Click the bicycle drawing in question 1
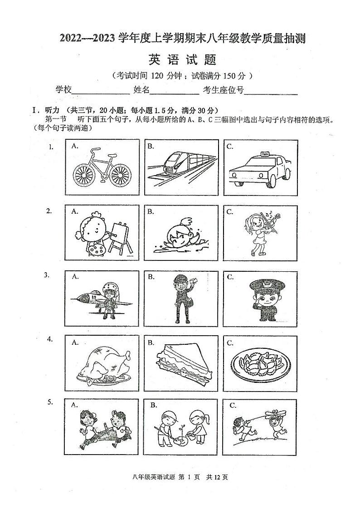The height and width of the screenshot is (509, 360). click(x=102, y=167)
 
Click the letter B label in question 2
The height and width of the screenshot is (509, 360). click(x=151, y=211)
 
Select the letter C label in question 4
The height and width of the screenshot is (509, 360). click(x=230, y=343)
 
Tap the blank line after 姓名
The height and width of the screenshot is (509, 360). click(x=174, y=90)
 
